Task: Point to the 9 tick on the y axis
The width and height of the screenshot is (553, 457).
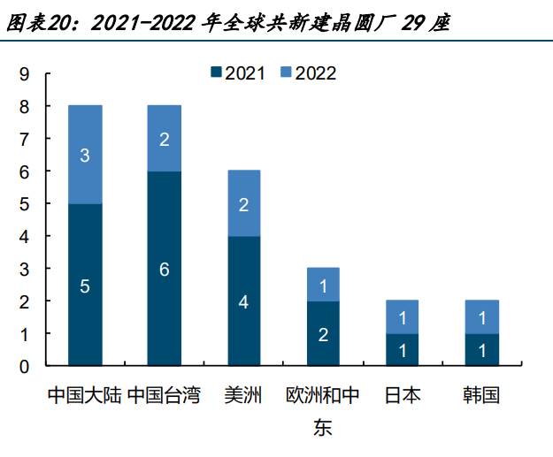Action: tap(24, 74)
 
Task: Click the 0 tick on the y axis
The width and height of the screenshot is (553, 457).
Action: tap(24, 366)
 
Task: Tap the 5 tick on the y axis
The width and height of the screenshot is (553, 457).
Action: tap(24, 204)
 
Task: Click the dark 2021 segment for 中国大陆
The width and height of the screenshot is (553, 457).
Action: tap(85, 285)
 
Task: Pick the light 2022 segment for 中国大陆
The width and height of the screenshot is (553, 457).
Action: tap(85, 155)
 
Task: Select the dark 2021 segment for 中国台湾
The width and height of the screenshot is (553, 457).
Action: tap(165, 269)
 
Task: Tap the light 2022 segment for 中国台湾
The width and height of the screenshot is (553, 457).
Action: tap(165, 139)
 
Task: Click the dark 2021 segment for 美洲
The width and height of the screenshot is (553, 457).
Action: tap(244, 301)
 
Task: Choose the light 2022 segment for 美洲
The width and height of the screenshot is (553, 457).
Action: tap(244, 203)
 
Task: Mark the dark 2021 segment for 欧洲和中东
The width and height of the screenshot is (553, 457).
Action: tap(323, 333)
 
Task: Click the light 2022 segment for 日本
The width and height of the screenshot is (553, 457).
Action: tap(403, 316)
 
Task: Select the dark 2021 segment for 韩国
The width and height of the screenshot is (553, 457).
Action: tap(481, 349)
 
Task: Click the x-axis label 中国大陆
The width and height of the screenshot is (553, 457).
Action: tap(85, 394)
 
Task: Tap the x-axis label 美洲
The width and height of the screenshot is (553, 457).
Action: tap(244, 394)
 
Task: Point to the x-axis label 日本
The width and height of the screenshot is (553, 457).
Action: tap(403, 394)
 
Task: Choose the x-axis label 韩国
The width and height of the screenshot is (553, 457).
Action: tap(481, 394)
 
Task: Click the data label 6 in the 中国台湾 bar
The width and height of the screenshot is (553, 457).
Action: tap(165, 270)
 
